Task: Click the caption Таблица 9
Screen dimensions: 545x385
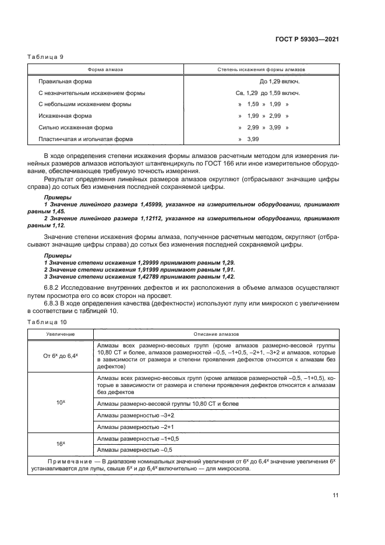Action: pyautogui.click(x=45, y=57)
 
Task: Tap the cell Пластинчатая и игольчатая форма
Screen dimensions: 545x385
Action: pyautogui.click(x=86, y=139)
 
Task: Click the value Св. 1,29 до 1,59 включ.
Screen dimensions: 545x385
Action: pyautogui.click(x=269, y=93)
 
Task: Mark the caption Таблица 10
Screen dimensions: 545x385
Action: pyautogui.click(x=47, y=322)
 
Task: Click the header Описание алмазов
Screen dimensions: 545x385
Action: pyautogui.click(x=216, y=334)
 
